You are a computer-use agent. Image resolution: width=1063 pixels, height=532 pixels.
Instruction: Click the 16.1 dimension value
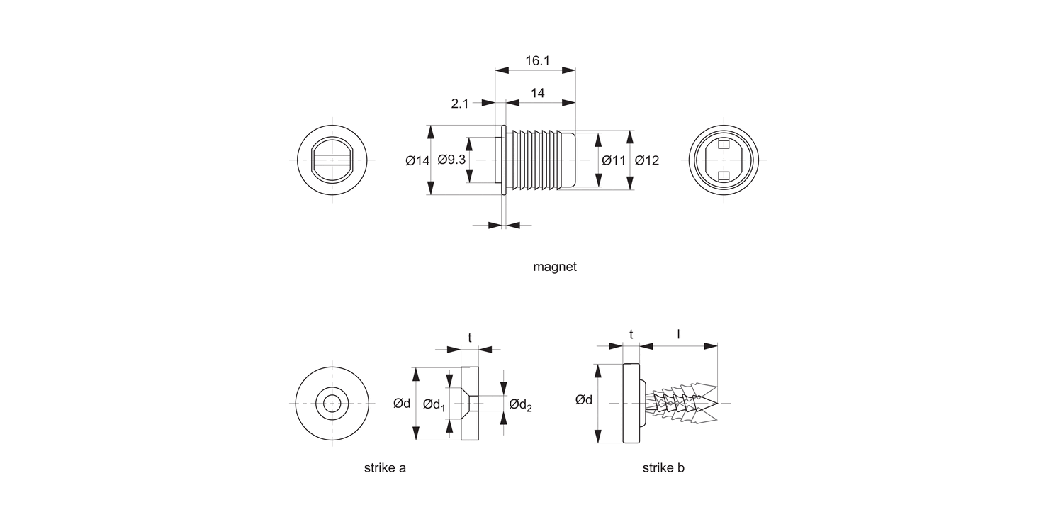(538, 61)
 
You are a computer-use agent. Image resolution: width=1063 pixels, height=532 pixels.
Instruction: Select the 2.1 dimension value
(460, 104)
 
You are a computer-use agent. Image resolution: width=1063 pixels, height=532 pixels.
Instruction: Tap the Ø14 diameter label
(417, 161)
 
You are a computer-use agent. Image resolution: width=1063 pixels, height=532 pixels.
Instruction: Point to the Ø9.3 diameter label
(451, 160)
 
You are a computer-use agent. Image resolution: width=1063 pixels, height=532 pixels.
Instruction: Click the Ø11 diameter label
(614, 161)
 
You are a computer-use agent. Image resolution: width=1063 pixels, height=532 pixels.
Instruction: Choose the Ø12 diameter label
(647, 161)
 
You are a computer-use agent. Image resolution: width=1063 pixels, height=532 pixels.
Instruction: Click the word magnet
(555, 267)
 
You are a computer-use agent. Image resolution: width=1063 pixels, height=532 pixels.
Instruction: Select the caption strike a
(385, 468)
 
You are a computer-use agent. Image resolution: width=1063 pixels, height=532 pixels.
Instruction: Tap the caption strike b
(663, 468)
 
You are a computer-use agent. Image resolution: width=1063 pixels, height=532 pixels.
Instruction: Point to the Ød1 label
(434, 404)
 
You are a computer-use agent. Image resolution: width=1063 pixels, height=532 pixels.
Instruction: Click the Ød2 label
(520, 405)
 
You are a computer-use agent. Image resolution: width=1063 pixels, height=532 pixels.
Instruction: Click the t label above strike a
(470, 338)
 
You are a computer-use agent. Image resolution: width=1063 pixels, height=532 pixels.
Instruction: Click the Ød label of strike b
(584, 400)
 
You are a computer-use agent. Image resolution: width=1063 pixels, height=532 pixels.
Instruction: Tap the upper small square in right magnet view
(723, 145)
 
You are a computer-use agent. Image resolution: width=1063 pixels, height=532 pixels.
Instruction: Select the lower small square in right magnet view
(723, 176)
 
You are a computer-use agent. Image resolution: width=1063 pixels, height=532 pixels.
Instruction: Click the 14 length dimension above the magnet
(537, 93)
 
